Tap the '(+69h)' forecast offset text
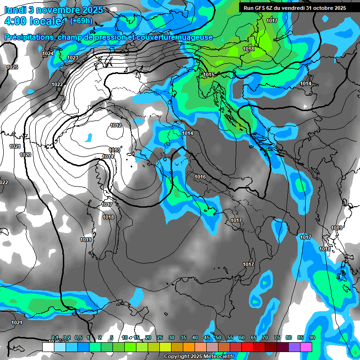81,21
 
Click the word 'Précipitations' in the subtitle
29,37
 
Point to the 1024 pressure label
48,54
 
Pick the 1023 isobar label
73,58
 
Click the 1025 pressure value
12,67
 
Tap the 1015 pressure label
209,75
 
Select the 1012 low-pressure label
116,125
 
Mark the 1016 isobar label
200,177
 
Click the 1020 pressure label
25,155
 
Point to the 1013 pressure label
114,150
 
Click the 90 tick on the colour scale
312,337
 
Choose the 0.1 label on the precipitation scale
54,337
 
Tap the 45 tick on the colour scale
207,337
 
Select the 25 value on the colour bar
160,337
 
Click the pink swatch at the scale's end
306,347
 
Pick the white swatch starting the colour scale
48,347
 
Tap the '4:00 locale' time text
33,22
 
